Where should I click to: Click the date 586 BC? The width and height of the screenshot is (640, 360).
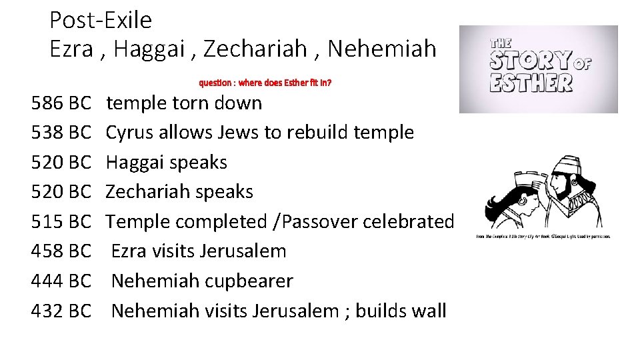pos(61,103)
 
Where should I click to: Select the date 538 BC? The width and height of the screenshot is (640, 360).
pos(61,133)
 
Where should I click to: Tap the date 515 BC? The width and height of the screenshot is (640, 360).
pos(61,221)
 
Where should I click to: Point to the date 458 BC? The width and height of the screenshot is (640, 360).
pos(61,251)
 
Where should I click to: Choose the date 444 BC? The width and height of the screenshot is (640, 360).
pos(61,281)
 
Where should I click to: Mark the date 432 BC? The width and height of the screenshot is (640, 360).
pos(61,311)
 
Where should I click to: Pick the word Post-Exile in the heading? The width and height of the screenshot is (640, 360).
pos(101,21)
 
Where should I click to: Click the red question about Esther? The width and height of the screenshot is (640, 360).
pos(265,83)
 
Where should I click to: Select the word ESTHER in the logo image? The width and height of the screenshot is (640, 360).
pos(531,83)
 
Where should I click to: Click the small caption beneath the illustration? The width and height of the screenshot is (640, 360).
pos(543,237)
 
